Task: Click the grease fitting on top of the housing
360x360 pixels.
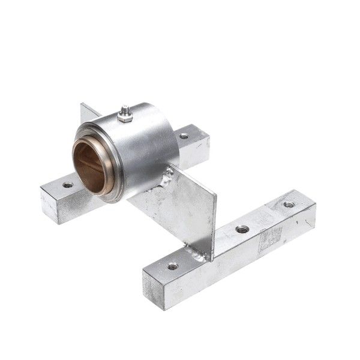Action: [125, 110]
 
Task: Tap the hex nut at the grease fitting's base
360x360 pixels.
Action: [125, 118]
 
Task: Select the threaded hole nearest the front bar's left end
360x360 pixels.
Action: [173, 266]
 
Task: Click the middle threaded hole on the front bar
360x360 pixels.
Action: [242, 229]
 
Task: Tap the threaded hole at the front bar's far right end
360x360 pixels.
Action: [289, 205]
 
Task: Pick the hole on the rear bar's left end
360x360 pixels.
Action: [68, 185]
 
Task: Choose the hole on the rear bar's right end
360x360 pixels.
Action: [184, 136]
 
